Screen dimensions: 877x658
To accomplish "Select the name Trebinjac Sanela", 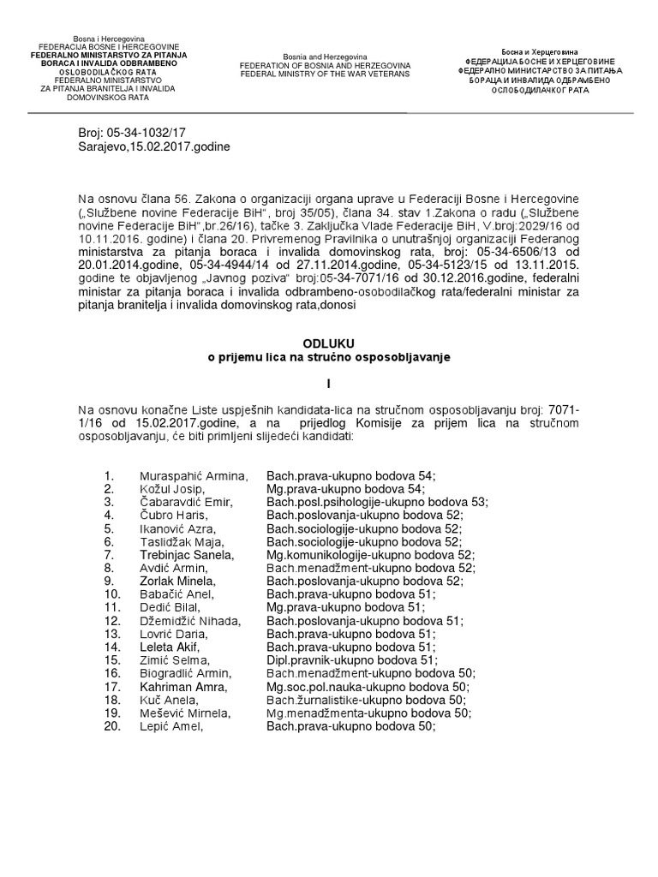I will tap(187, 555).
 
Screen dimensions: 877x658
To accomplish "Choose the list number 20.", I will tap(111, 726).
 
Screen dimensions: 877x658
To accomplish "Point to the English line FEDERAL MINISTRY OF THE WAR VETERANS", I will tap(325, 75).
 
